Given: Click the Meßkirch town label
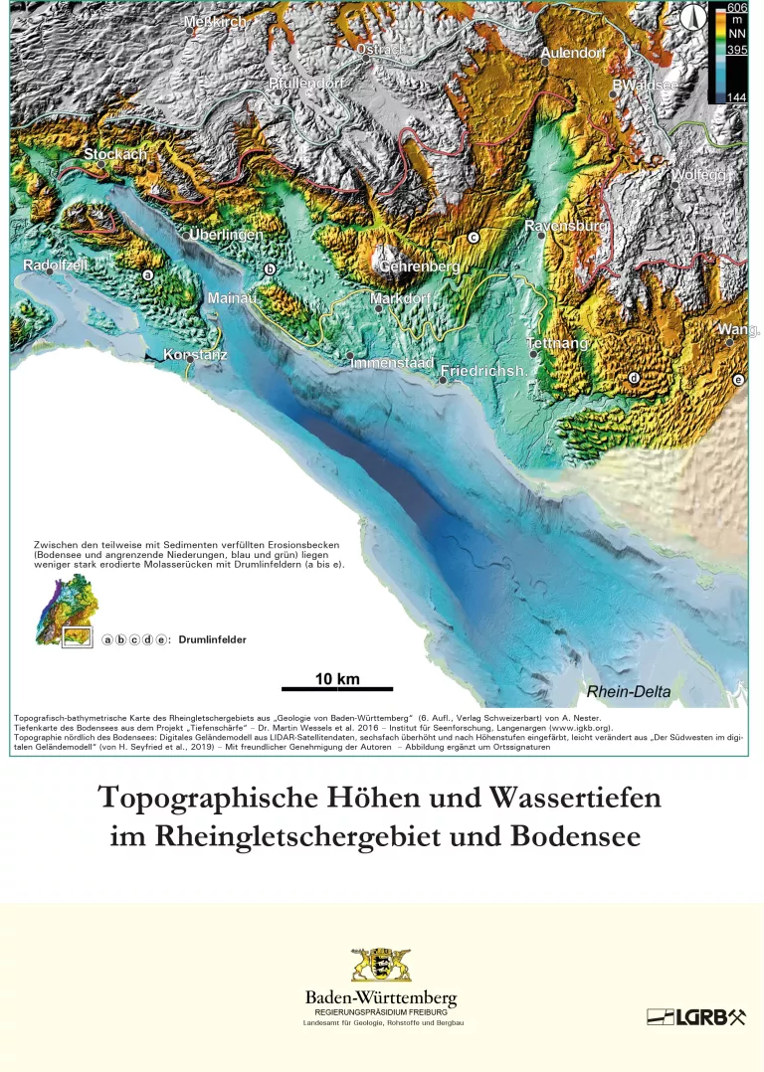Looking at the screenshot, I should pos(216,21).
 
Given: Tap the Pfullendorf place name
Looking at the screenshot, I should pos(306,84).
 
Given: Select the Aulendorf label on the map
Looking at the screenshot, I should pos(573,53).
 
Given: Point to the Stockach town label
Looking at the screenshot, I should pos(115,154).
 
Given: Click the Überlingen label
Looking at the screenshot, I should pos(226,235).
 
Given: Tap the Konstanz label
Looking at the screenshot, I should pos(196,354).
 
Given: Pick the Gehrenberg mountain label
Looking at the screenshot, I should pos(419,267).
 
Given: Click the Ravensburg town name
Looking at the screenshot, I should pos(566,226).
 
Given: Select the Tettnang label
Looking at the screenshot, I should pos(558,343).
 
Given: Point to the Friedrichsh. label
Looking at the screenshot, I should pos(482,370).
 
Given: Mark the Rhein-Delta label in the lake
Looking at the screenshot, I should pos(629,691).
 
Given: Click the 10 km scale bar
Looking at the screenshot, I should pos(337,687).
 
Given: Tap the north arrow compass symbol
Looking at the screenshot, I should pos(694,17).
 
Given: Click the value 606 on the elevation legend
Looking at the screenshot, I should pos(737,9).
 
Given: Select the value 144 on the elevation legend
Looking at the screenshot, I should pos(737,96).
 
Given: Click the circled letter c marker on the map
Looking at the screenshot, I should pos(474,237).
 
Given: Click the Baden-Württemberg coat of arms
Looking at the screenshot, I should pos(381,966).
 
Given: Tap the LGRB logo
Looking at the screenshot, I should pos(695,1016).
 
